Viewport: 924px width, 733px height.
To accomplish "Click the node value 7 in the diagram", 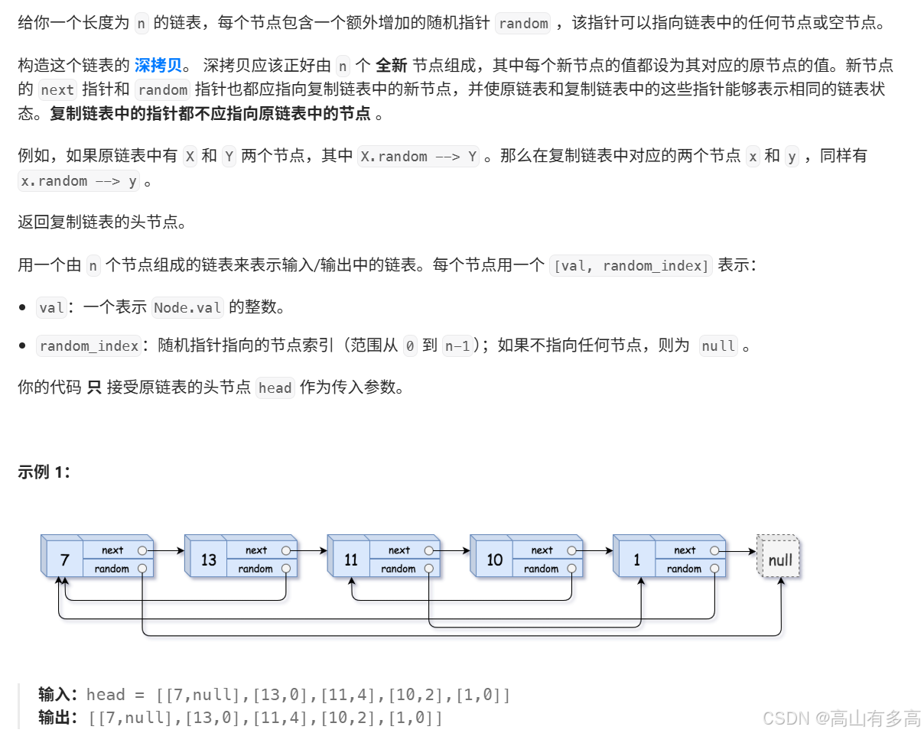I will [64, 560].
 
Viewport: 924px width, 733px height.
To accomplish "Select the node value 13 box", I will [209, 560].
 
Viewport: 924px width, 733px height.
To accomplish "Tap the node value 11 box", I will [351, 560].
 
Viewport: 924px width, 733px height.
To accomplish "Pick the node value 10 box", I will [494, 560].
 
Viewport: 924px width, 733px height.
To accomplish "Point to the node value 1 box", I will [636, 560].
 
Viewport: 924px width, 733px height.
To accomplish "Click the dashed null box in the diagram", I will [779, 560].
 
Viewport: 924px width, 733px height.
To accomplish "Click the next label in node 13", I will [256, 550].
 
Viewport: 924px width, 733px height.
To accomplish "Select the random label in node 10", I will [542, 569].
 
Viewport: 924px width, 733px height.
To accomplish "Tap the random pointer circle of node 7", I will [143, 569].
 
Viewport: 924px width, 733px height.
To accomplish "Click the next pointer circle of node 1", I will [714, 550].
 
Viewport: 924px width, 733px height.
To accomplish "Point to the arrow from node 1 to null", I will [738, 550].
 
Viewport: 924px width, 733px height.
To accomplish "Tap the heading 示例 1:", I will [44, 472].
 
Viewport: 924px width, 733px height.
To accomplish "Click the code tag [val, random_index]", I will [631, 266].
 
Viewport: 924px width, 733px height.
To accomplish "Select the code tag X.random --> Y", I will [418, 157].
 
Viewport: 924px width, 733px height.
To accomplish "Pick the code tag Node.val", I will [187, 308].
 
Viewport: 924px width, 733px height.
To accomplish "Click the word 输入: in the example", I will [59, 695].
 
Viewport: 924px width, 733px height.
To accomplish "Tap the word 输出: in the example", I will [59, 718].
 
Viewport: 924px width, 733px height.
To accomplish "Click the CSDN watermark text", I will [841, 718].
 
